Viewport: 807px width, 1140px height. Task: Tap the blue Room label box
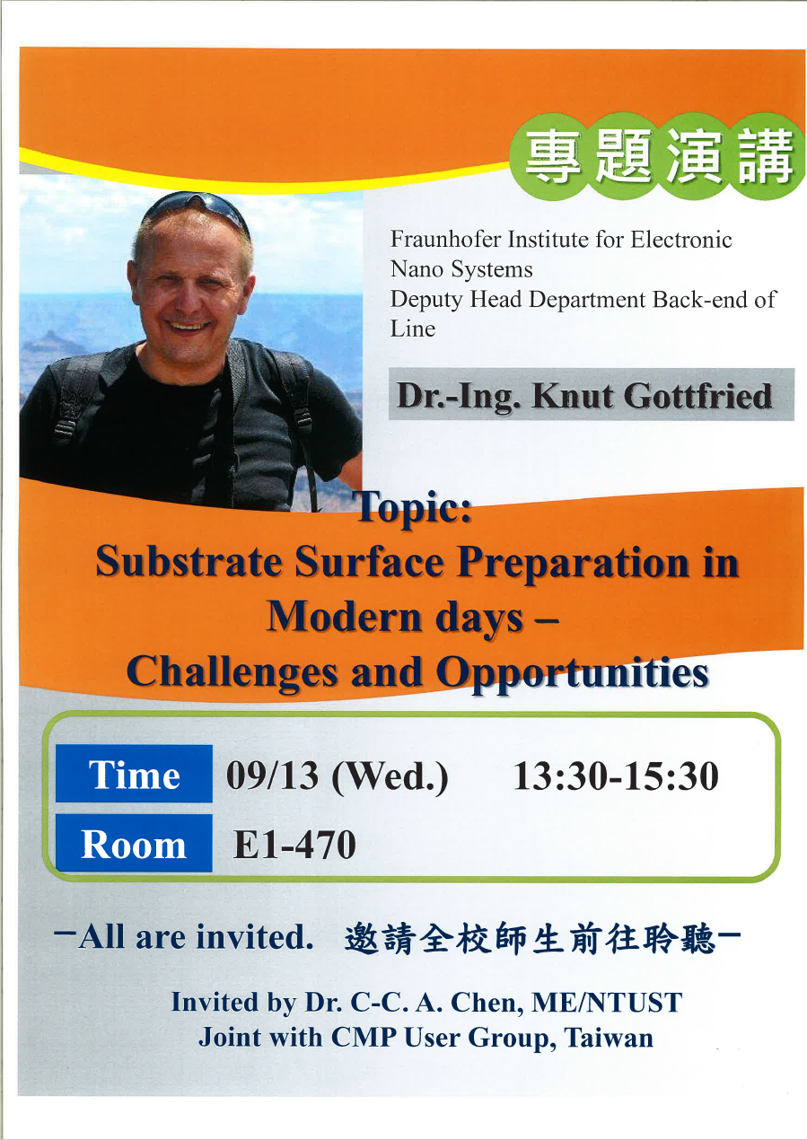pos(134,843)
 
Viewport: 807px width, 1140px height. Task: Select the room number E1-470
pos(294,845)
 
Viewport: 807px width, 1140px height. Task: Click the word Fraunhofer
pos(446,239)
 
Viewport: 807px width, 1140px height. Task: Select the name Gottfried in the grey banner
pos(698,396)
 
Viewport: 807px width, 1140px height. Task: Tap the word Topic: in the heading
pos(415,507)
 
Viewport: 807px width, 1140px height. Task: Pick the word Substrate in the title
pos(189,562)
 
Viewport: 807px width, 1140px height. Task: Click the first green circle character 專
pos(553,155)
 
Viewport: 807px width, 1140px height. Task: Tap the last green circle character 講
pos(767,155)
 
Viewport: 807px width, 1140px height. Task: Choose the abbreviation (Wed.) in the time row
pos(390,777)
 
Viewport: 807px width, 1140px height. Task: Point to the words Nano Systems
pos(461,269)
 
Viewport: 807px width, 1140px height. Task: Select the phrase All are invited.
pos(196,936)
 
